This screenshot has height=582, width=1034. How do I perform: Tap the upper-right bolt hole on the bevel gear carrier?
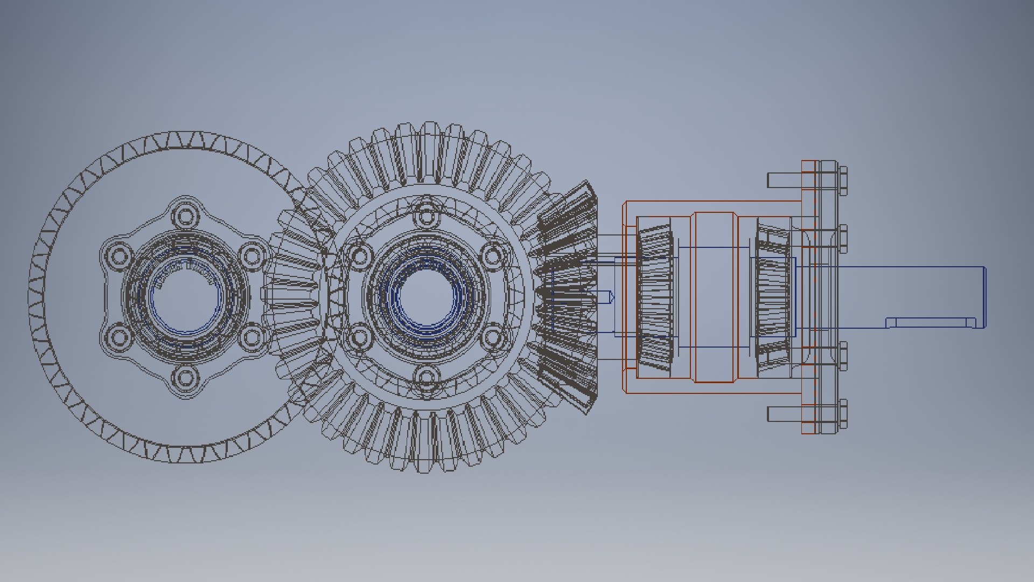pyautogui.click(x=493, y=254)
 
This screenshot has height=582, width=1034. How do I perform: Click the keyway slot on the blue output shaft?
pyautogui.click(x=931, y=322)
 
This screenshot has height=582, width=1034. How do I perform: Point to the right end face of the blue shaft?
pyautogui.click(x=985, y=297)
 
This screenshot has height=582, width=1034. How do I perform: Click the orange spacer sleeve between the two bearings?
pyautogui.click(x=714, y=297)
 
